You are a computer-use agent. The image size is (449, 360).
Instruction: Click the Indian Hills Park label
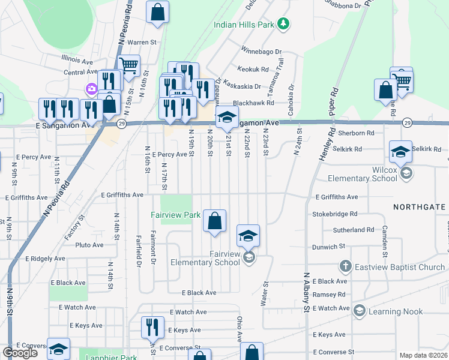point(244,25)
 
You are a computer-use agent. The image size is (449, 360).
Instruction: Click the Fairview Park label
point(175,214)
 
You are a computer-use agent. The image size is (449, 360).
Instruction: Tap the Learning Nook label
point(396,311)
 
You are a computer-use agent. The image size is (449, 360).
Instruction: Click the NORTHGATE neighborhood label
point(420,207)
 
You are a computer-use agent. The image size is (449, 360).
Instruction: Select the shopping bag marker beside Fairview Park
point(214,221)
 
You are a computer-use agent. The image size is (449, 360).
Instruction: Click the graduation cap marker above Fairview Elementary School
point(248,235)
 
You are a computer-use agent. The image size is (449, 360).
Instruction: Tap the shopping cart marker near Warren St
point(129,65)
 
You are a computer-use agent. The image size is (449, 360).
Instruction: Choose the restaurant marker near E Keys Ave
point(152,327)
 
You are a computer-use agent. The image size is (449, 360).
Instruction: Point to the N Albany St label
point(306,292)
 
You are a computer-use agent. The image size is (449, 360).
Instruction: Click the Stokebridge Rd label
point(334,213)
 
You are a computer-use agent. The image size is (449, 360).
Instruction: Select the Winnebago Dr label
point(261,51)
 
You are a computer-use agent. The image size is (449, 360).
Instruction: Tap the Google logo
point(19,353)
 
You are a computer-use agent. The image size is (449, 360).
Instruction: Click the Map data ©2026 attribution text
point(424,355)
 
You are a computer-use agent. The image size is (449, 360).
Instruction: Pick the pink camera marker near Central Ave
point(91,89)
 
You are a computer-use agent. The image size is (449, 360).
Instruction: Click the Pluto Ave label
point(90,245)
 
